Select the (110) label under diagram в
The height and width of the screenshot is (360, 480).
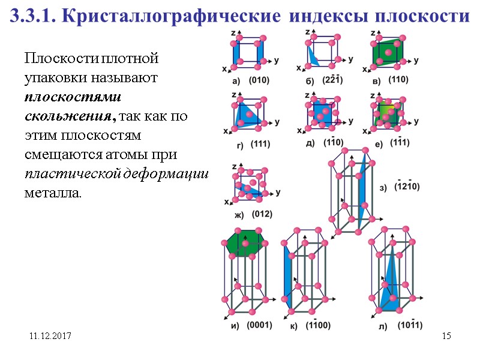[x=399, y=80]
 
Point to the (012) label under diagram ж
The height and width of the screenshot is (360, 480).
[x=262, y=214]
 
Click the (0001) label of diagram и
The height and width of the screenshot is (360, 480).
[x=260, y=325]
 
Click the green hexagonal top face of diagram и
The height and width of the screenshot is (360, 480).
[x=246, y=242]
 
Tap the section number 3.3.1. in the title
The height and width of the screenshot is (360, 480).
[x=33, y=17]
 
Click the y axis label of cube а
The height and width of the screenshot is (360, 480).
[x=276, y=61]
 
